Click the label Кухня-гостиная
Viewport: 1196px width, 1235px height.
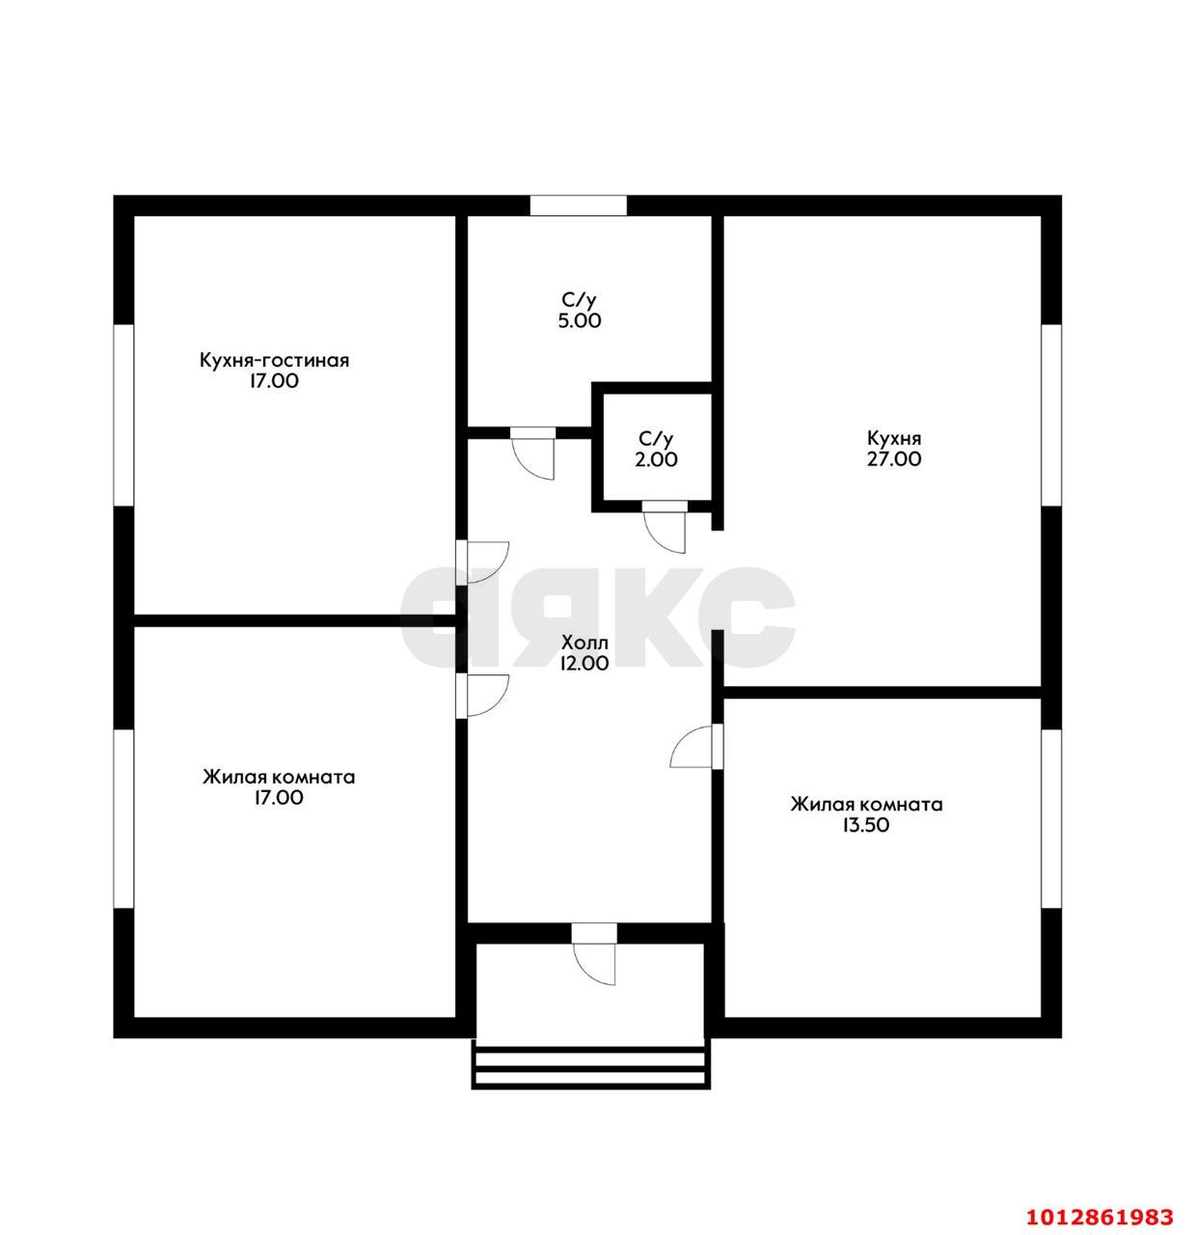(274, 361)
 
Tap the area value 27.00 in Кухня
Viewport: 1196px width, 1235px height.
(894, 459)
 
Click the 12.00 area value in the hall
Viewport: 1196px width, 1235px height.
(584, 663)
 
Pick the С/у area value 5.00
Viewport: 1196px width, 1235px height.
(580, 321)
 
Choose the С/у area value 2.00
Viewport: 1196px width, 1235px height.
(656, 459)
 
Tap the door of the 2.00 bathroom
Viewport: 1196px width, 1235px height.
(665, 526)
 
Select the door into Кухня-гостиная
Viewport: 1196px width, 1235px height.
(483, 563)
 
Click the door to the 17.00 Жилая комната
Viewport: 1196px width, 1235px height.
(483, 696)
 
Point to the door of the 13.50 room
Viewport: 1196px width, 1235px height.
(696, 747)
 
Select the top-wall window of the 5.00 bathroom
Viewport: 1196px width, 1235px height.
(578, 205)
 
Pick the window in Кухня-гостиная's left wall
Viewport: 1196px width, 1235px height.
(123, 416)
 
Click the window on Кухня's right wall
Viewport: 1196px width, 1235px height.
(1051, 416)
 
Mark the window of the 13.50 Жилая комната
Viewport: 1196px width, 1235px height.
(1051, 819)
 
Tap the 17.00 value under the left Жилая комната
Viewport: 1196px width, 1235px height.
(278, 798)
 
